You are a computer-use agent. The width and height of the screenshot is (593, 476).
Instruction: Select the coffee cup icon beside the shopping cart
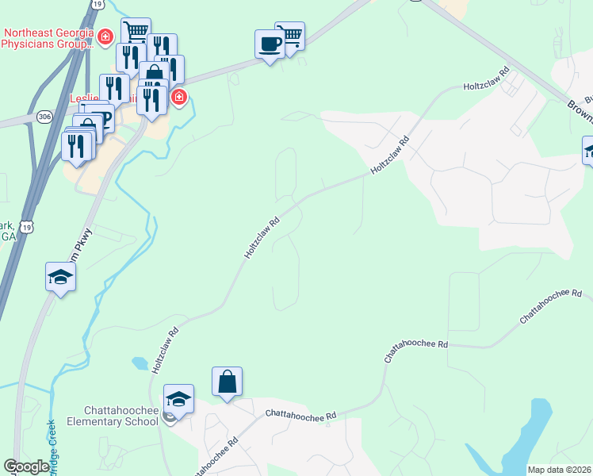pos(270,43)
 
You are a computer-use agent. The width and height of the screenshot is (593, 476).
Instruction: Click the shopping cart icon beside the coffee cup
pos(292,35)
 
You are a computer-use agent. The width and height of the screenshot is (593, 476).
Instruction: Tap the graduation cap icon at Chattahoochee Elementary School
pos(178,398)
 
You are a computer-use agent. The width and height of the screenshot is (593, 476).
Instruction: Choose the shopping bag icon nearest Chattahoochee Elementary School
pos(227,381)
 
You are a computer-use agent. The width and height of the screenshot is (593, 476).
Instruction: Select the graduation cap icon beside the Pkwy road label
pos(59,278)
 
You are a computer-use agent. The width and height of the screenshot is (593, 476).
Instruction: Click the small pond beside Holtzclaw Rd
pos(140,363)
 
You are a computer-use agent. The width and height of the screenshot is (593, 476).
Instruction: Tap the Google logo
pos(26,466)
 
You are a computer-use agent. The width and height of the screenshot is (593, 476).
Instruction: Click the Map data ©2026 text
pos(559,470)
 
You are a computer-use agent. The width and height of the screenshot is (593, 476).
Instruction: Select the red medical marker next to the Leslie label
pos(179,98)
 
